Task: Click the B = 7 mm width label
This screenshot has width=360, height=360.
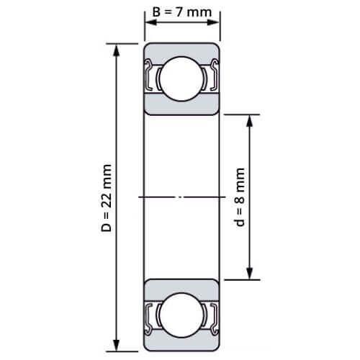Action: pos(182,12)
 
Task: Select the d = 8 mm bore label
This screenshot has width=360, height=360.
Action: pos(240,197)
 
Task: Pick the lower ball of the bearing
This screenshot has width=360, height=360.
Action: pos(182,314)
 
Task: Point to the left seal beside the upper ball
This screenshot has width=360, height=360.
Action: pos(152,78)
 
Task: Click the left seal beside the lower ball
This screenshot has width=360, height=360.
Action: pos(152,314)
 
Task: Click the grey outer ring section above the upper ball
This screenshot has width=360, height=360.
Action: pos(182,50)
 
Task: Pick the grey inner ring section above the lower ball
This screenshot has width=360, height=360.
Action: pos(182,286)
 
